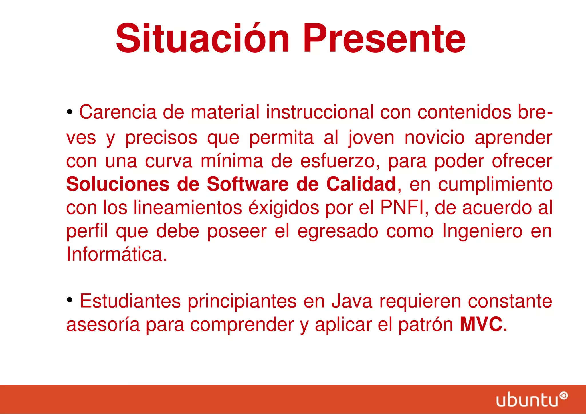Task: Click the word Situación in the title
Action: click(x=203, y=39)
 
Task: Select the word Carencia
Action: click(x=118, y=112)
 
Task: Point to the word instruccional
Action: click(x=320, y=112)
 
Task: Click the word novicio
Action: click(x=434, y=138)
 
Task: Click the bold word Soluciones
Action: click(x=118, y=184)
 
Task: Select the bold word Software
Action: click(x=248, y=184)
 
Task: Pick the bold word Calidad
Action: click(x=361, y=184)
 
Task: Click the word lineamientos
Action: click(x=188, y=207)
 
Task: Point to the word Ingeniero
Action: click(x=482, y=231)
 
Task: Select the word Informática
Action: click(x=116, y=254)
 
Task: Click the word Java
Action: click(x=352, y=301)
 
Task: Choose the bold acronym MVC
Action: click(x=481, y=324)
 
